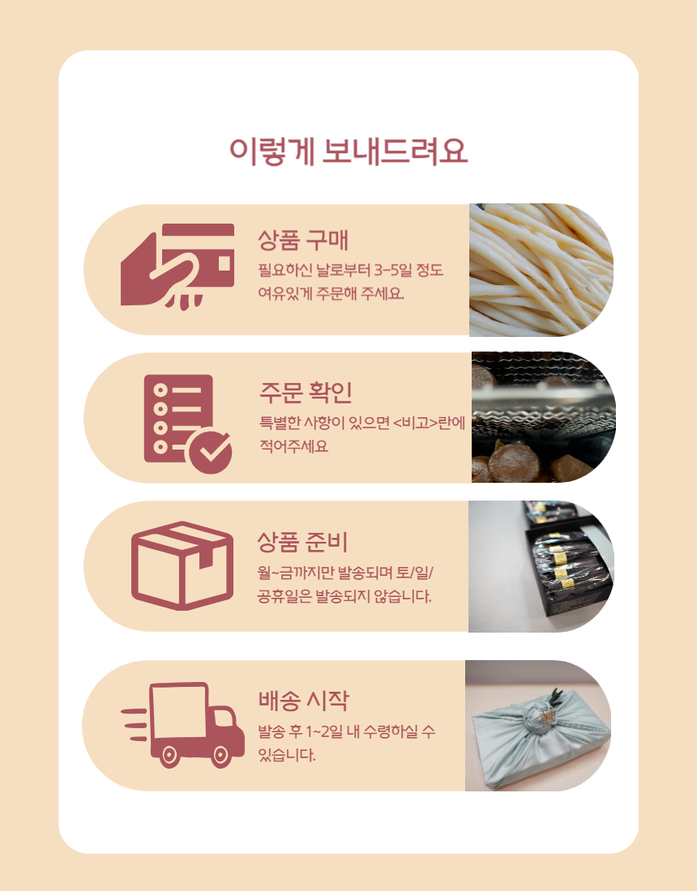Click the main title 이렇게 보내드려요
pyautogui.click(x=348, y=151)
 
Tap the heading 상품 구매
pyautogui.click(x=302, y=240)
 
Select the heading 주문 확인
pyautogui.click(x=306, y=391)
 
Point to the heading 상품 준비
pyautogui.click(x=301, y=542)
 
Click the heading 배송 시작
pyautogui.click(x=304, y=700)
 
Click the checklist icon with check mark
pyautogui.click(x=187, y=424)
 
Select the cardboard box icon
pyautogui.click(x=182, y=565)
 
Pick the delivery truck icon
pyautogui.click(x=183, y=725)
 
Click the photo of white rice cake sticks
pyautogui.click(x=541, y=270)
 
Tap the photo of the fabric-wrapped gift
pyautogui.click(x=538, y=726)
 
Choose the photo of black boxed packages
pyautogui.click(x=541, y=566)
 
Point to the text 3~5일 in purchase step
pyautogui.click(x=393, y=270)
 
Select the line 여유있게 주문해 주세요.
pyautogui.click(x=331, y=294)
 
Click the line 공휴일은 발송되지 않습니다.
pyautogui.click(x=344, y=596)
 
